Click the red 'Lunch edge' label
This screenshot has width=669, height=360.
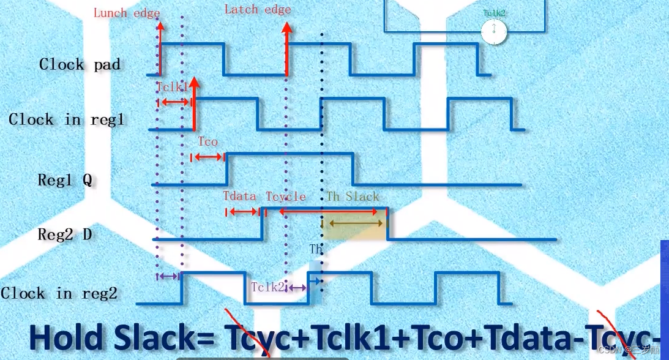(x=126, y=13)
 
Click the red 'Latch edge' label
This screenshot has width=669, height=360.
(x=258, y=9)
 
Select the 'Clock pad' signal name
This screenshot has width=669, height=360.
(x=80, y=64)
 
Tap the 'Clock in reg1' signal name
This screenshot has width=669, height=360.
(x=67, y=119)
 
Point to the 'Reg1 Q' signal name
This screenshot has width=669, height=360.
(x=64, y=180)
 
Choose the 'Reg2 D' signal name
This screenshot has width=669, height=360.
(x=64, y=234)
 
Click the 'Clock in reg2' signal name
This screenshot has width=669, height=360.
(x=59, y=293)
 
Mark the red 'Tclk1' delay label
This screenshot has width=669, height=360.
(x=172, y=88)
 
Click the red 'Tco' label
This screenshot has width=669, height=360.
(x=207, y=142)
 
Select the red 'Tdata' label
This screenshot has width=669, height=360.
(x=239, y=197)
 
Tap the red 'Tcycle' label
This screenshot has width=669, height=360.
(x=285, y=197)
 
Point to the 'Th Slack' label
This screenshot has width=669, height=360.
(x=353, y=197)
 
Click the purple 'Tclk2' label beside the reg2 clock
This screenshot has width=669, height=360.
(x=267, y=287)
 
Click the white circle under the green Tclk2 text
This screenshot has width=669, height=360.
(x=494, y=31)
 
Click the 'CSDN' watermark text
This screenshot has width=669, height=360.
(x=610, y=350)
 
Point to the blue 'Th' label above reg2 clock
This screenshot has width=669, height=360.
(x=316, y=250)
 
